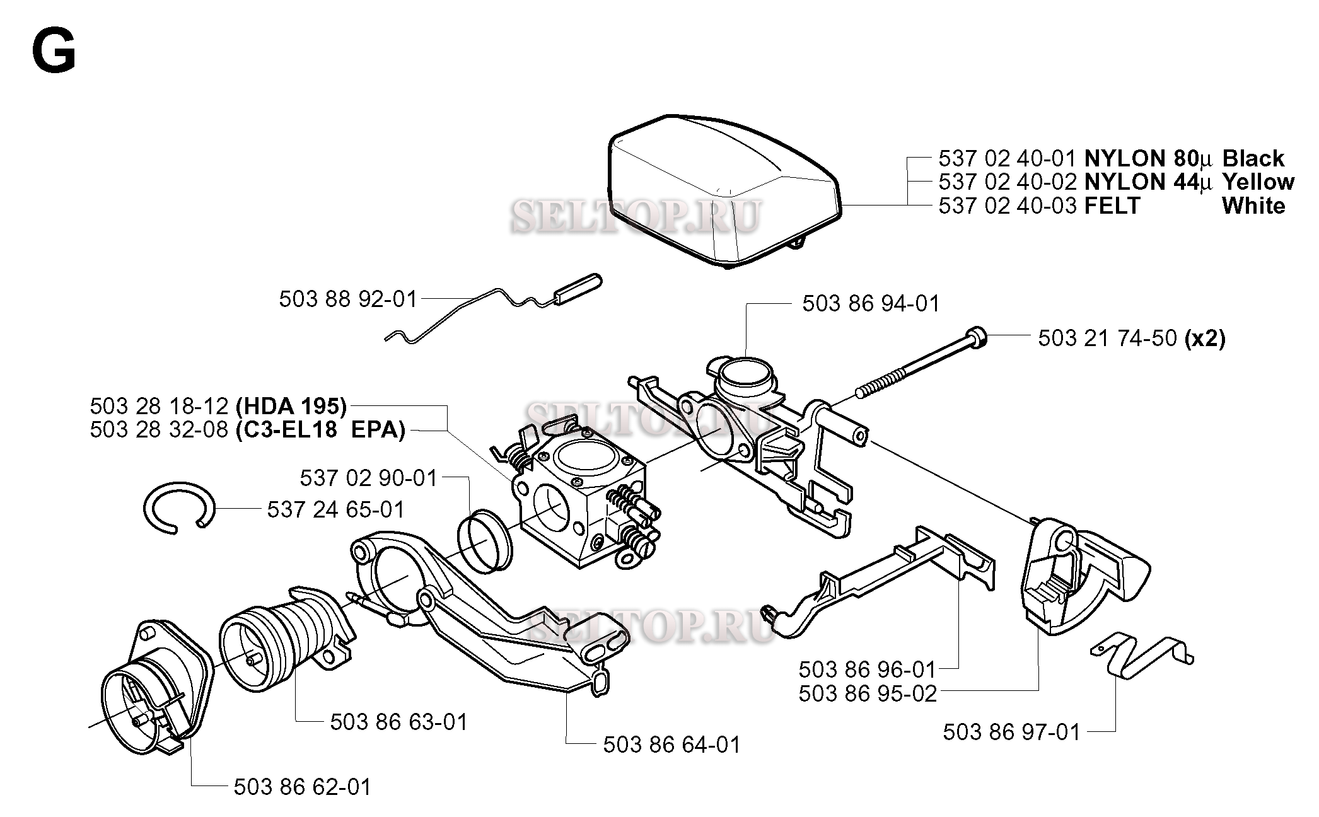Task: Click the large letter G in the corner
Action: pos(54,52)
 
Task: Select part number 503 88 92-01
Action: pos(349,299)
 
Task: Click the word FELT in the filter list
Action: pos(1112,206)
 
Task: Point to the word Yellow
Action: pos(1258,182)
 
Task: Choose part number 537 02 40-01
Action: pos(1008,158)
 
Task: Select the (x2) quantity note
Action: pos(1205,339)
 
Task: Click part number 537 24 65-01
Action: pos(335,509)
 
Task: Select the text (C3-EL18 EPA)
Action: pos(320,430)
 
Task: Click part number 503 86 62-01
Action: pos(303,787)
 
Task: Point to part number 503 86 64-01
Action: pos(672,745)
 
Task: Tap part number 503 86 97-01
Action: pos(1012,732)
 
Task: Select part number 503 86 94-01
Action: pos(871,304)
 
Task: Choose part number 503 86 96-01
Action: pos(868,669)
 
